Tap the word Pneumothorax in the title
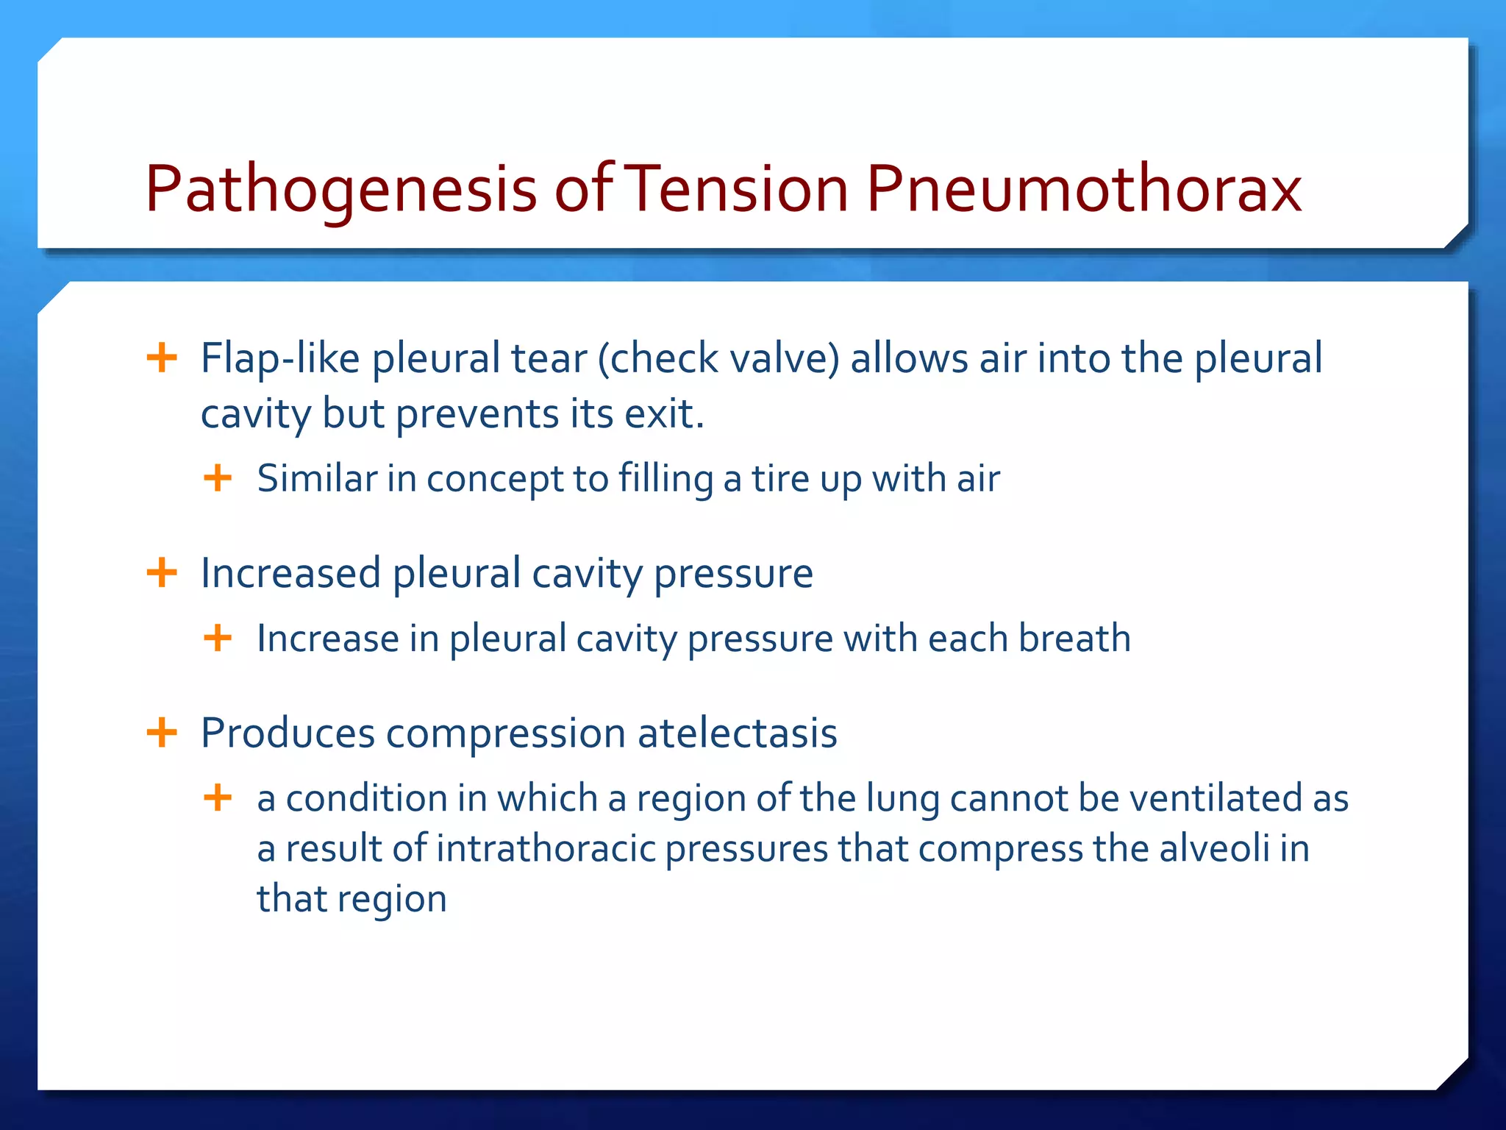1083,190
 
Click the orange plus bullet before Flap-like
162,358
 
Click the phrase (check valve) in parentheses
718,359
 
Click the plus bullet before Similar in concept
218,478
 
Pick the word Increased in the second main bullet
291,573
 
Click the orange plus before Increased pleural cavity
162,572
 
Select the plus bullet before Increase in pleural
218,638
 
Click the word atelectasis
737,733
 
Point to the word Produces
288,733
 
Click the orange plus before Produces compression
162,733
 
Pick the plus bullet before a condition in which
218,797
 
